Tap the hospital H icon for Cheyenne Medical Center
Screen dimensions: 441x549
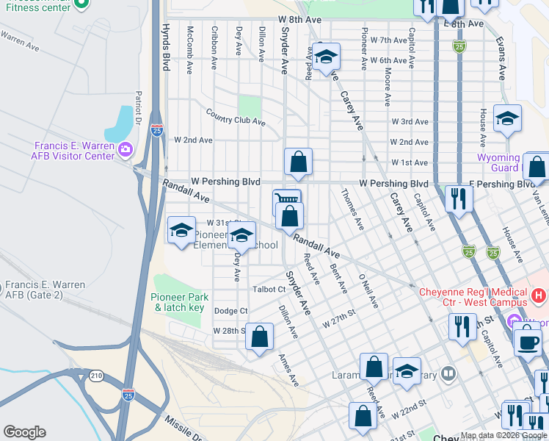[x=539, y=295]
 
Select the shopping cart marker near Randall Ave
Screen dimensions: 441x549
[x=286, y=200]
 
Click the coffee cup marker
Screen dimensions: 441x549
[x=526, y=342]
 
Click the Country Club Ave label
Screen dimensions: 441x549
[x=235, y=117]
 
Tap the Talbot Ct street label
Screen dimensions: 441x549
[x=270, y=290]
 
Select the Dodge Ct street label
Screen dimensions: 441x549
[x=230, y=311]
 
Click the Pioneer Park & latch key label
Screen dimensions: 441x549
[x=180, y=302]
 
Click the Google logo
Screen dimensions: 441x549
[x=24, y=431]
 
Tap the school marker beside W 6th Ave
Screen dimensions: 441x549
[x=325, y=56]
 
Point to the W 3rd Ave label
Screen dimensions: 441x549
[x=410, y=121]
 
